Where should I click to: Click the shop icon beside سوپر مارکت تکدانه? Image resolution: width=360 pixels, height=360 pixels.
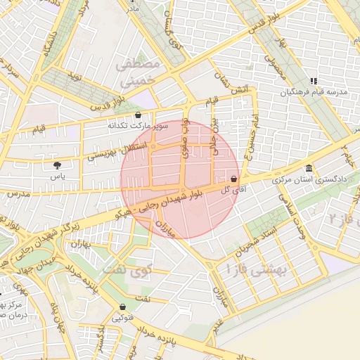tap(138, 115)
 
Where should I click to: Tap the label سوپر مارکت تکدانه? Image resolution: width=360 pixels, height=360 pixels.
tap(138, 126)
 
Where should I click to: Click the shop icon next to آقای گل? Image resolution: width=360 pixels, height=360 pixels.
tap(233, 179)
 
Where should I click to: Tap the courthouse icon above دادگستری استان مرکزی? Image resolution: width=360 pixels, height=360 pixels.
tap(310, 168)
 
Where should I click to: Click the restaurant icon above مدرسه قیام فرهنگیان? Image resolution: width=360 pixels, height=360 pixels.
tap(314, 82)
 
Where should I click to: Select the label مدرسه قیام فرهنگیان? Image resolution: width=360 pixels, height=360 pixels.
tap(314, 93)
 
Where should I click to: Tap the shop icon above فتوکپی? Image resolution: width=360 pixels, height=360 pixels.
tap(124, 307)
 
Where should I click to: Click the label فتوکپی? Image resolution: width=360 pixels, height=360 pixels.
tap(124, 318)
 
